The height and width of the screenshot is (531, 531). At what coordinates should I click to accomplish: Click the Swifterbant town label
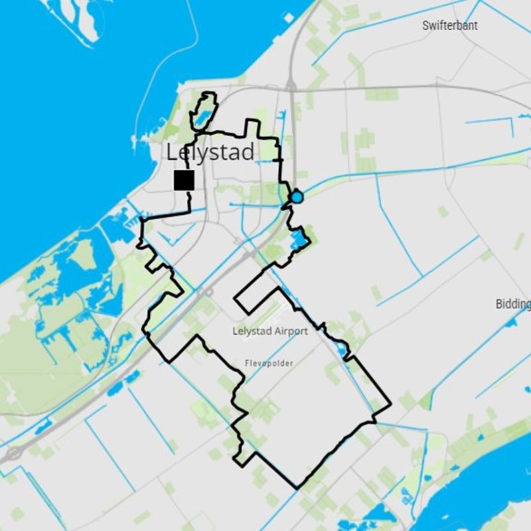click(449, 25)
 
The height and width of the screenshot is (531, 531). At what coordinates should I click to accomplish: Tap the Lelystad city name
click(210, 152)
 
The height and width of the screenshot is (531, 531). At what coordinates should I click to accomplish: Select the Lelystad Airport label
click(270, 331)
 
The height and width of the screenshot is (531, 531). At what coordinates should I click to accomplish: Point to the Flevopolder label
click(269, 363)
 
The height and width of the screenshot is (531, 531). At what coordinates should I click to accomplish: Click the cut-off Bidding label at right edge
click(513, 304)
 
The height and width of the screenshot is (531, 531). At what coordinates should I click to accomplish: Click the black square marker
click(184, 180)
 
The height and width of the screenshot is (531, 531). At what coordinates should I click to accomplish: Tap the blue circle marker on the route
click(297, 197)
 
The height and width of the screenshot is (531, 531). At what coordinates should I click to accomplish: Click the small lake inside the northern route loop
click(202, 118)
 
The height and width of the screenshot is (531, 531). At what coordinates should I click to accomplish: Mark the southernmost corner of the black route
click(297, 488)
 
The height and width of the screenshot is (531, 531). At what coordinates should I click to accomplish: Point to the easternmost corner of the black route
click(390, 403)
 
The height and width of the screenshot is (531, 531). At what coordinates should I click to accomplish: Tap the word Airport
click(289, 331)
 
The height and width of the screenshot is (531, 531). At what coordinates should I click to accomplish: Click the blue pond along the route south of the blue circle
click(297, 240)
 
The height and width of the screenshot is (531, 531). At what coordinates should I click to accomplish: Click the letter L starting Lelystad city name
click(172, 153)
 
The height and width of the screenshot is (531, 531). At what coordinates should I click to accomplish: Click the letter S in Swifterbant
click(426, 25)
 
